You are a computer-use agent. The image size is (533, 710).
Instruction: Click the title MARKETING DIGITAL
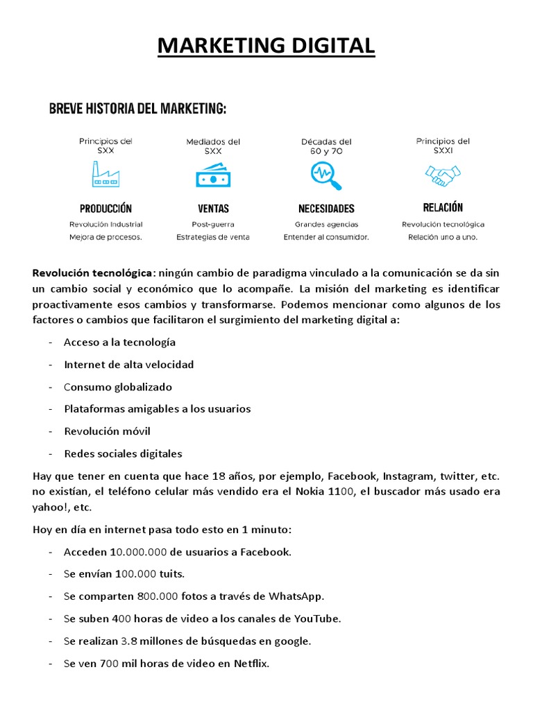(x=266, y=46)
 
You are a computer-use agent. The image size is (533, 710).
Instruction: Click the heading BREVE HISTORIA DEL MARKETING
(x=137, y=109)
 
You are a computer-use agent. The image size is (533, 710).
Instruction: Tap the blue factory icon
(x=105, y=174)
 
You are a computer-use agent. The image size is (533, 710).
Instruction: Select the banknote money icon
(x=212, y=175)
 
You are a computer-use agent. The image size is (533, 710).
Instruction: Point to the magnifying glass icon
(x=325, y=175)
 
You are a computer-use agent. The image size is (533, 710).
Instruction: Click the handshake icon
(x=443, y=175)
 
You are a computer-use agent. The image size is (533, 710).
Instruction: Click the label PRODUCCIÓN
(x=105, y=208)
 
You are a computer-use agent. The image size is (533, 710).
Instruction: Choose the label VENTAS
(x=213, y=208)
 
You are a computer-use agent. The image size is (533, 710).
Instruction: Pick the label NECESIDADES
(x=326, y=208)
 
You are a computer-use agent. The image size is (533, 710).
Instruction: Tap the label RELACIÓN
(x=443, y=207)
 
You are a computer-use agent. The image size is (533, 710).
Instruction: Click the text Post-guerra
(x=213, y=224)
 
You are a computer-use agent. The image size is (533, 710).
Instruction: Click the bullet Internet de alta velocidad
(x=128, y=365)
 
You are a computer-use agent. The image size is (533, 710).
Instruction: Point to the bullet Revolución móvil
(x=107, y=431)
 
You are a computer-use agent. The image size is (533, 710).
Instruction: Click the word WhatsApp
(x=296, y=596)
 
